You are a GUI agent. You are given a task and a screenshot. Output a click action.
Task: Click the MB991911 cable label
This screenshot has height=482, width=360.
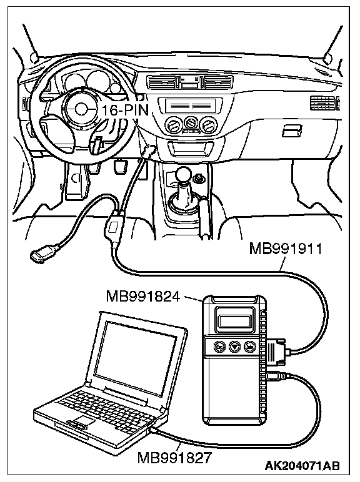(x=286, y=248)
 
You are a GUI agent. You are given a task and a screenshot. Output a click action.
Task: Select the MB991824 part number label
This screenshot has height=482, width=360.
(x=143, y=297)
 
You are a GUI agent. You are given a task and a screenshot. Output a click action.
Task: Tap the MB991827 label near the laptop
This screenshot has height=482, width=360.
(x=174, y=458)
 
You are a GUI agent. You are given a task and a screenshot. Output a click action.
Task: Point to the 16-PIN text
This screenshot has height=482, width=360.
(x=125, y=110)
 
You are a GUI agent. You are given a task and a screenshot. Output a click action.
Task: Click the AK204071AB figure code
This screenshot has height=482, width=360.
(x=302, y=466)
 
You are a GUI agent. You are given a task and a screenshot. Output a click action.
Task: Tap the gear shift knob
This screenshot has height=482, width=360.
(x=186, y=175)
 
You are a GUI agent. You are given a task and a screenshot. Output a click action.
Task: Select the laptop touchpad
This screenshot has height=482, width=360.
(x=81, y=420)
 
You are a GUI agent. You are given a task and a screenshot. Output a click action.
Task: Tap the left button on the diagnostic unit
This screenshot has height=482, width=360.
(x=219, y=347)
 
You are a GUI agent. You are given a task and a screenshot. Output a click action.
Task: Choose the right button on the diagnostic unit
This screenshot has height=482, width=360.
(x=250, y=347)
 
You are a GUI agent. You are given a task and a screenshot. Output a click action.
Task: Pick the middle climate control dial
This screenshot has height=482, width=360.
(x=191, y=123)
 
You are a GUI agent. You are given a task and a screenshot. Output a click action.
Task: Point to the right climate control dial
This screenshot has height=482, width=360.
(x=209, y=124)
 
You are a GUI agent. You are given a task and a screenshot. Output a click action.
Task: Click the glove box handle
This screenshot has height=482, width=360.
(x=292, y=130)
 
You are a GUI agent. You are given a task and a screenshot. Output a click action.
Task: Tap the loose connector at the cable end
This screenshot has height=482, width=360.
(x=41, y=254)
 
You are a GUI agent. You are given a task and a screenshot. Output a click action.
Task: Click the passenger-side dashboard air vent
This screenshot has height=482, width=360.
(x=324, y=103)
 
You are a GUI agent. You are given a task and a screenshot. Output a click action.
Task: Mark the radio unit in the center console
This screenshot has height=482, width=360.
(x=189, y=106)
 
